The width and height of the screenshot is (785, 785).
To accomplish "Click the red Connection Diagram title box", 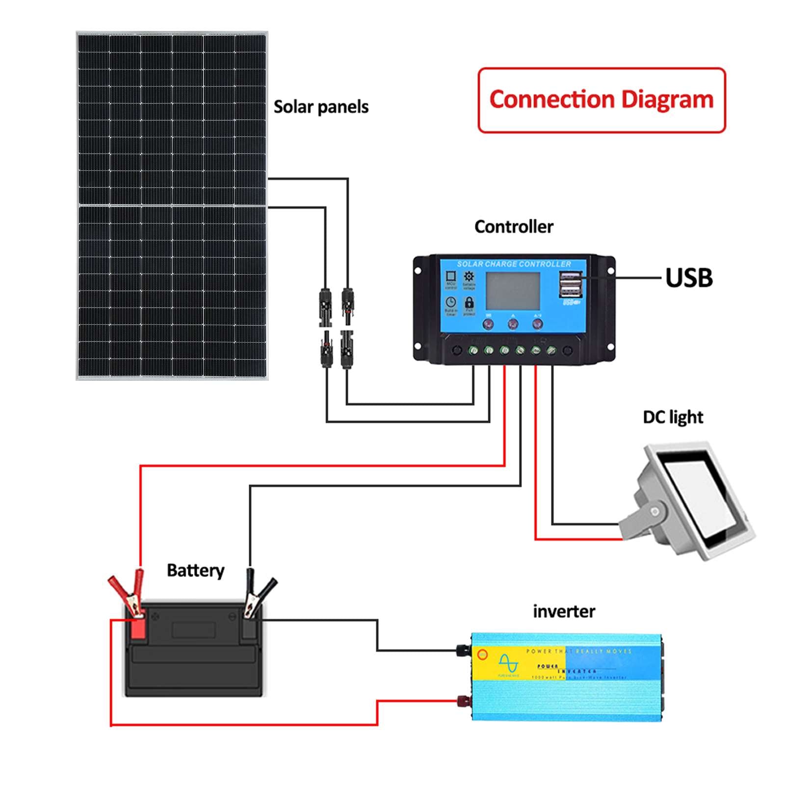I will pyautogui.click(x=602, y=100).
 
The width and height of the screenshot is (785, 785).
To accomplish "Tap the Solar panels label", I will pyautogui.click(x=321, y=107).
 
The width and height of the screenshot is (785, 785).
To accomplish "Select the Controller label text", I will pyautogui.click(x=514, y=227).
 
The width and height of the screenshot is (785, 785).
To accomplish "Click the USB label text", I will pyautogui.click(x=689, y=278).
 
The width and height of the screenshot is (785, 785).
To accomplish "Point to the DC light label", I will pyautogui.click(x=673, y=418).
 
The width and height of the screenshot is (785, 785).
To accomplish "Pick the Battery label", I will pyautogui.click(x=195, y=571).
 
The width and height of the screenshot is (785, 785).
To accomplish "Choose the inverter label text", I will pyautogui.click(x=564, y=612).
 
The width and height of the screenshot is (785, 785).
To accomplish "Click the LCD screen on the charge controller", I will pyautogui.click(x=513, y=291).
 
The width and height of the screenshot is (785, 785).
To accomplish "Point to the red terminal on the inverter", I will pyautogui.click(x=462, y=700).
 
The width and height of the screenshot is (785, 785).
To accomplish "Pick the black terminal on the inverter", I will pyautogui.click(x=462, y=650).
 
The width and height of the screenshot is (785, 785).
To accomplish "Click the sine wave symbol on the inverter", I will pyautogui.click(x=508, y=663).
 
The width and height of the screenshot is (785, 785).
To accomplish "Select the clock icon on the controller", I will pyautogui.click(x=450, y=302).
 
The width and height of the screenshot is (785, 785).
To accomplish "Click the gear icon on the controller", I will pyautogui.click(x=469, y=276).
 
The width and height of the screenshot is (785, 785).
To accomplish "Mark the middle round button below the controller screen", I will pyautogui.click(x=513, y=324).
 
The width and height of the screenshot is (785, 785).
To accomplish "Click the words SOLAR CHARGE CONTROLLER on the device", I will pyautogui.click(x=514, y=264).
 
